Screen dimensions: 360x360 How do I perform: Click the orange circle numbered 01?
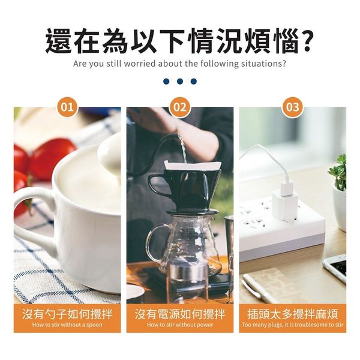click(67, 107)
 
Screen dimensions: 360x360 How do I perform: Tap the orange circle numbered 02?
click(180, 107)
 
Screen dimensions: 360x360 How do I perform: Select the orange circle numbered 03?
click(293, 107)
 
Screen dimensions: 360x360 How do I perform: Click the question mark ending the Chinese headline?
click(304, 41)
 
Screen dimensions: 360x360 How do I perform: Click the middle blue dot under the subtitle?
click(180, 81)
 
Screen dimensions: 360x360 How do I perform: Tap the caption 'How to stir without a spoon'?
click(67, 325)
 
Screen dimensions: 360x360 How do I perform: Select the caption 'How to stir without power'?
click(180, 325)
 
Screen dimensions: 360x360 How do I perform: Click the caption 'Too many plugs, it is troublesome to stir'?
click(293, 325)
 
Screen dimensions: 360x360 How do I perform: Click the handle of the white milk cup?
click(34, 220)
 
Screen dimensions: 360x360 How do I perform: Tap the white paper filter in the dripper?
click(193, 166)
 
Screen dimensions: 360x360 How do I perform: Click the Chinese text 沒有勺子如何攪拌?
click(67, 314)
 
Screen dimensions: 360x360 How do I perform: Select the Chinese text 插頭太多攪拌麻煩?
click(293, 314)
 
